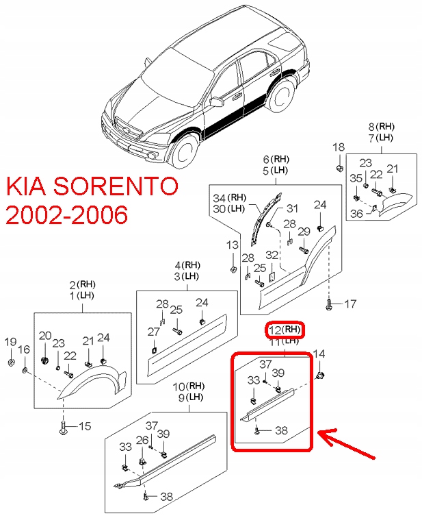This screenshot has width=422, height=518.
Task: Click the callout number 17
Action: [x=350, y=303]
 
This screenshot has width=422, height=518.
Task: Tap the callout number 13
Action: [x=233, y=245]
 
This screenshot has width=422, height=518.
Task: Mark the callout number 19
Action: [x=11, y=342]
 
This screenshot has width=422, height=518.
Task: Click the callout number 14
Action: [x=319, y=354]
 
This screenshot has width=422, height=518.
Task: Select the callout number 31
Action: [x=292, y=209]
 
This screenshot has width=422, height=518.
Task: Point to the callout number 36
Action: [x=356, y=213]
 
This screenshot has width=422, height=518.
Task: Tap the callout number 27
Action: [x=155, y=332]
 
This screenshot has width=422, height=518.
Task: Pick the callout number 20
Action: [x=45, y=336]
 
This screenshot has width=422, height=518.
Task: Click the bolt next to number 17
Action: [x=330, y=301]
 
